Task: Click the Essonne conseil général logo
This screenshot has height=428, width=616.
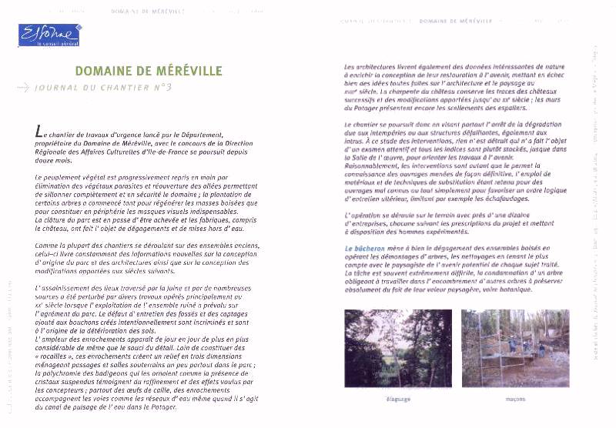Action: coord(50,35)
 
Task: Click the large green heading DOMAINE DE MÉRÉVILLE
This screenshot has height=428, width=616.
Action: coord(149,72)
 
